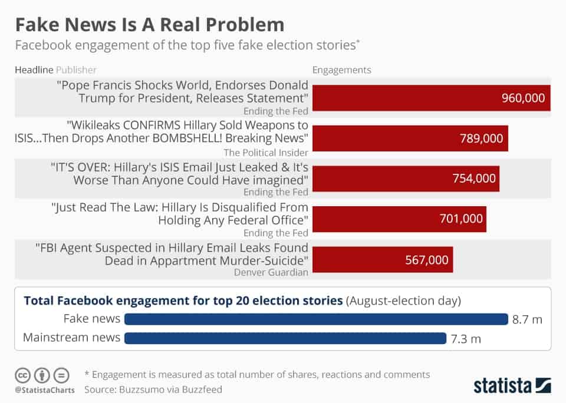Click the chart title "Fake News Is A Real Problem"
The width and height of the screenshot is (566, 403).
pyautogui.click(x=149, y=25)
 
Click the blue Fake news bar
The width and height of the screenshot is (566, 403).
pyautogui.click(x=316, y=319)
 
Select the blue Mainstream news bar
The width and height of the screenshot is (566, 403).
pyautogui.click(x=285, y=338)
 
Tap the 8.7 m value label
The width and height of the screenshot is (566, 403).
pyautogui.click(x=527, y=319)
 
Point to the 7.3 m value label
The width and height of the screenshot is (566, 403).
pyautogui.click(x=466, y=338)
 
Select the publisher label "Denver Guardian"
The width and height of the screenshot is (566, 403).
pyautogui.click(x=271, y=272)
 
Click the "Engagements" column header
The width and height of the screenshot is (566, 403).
pyautogui.click(x=341, y=70)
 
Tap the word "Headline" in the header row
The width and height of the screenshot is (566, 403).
pyautogui.click(x=34, y=70)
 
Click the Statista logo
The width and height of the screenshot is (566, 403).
pyautogui.click(x=512, y=386)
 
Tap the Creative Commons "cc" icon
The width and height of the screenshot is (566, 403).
pyautogui.click(x=22, y=375)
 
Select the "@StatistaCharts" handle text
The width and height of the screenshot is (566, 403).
pyautogui.click(x=44, y=389)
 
